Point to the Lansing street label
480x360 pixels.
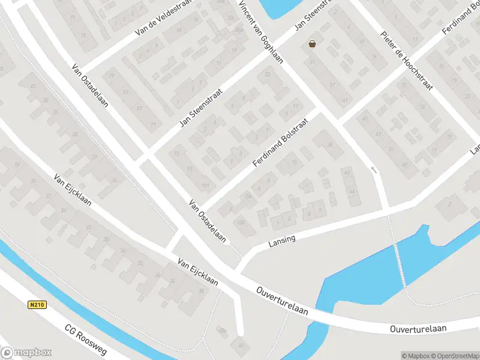click(x=282, y=241)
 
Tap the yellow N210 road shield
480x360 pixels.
click(x=37, y=305)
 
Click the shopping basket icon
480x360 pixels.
click(x=312, y=43)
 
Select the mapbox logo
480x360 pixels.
click(x=26, y=353)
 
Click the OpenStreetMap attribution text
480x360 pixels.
click(x=453, y=356)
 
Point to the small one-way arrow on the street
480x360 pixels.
click(x=374, y=170)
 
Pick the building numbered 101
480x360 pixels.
click(x=206, y=185)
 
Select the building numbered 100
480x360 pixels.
click(x=241, y=223)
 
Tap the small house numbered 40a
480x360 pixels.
click(x=223, y=329)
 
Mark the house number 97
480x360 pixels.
click(x=190, y=169)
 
